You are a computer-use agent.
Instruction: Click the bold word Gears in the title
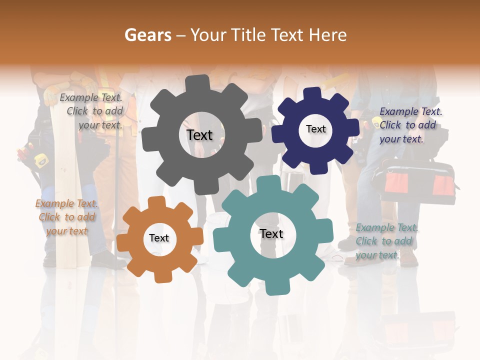[147, 35]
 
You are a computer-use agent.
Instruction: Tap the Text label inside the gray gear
[199, 135]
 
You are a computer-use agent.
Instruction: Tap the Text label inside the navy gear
[315, 129]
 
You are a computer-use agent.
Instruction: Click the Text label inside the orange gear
[159, 238]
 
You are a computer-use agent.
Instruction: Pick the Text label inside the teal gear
[271, 233]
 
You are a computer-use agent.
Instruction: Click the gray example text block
[91, 111]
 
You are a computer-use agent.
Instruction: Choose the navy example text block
[410, 125]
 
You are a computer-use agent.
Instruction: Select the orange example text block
[66, 217]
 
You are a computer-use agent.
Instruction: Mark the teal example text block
[386, 241]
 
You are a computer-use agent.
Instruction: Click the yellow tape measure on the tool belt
[41, 159]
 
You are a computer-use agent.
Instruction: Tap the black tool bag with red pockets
[415, 183]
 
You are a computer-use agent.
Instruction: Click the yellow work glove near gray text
[52, 95]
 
